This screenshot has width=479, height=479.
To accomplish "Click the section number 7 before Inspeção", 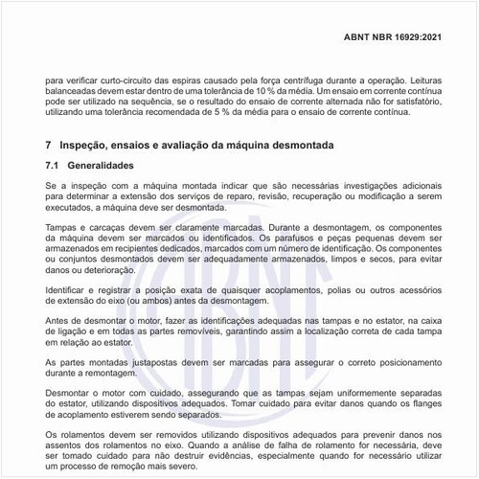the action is click(48, 145).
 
